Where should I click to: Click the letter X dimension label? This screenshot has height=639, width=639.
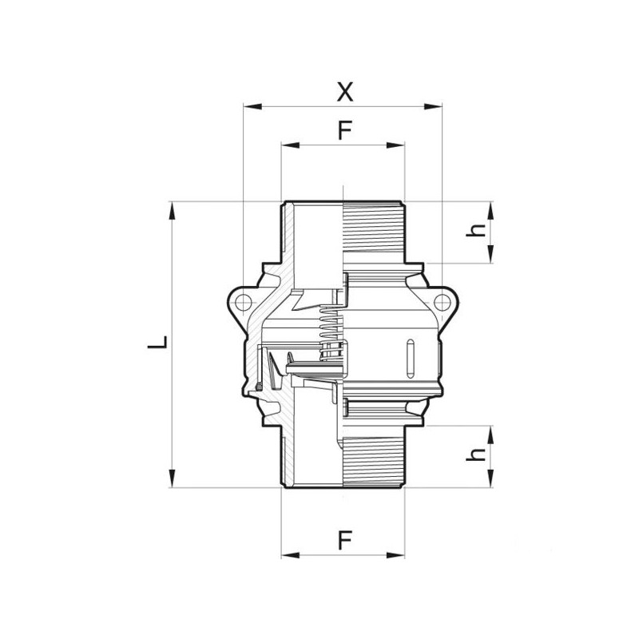[343, 91]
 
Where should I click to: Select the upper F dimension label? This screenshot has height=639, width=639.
[343, 131]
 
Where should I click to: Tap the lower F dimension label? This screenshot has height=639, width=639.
[343, 541]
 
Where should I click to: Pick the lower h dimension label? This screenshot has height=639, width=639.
[477, 454]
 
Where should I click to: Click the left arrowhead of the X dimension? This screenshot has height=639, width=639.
[248, 105]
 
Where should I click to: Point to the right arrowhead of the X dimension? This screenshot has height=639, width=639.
[437, 105]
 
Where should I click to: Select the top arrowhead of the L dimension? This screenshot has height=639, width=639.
[172, 207]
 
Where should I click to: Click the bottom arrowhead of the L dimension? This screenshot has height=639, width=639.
[172, 482]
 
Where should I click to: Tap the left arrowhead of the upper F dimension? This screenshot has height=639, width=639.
[287, 145]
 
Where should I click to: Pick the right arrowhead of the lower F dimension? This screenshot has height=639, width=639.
[399, 554]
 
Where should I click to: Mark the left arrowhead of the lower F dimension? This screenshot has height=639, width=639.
[287, 554]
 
